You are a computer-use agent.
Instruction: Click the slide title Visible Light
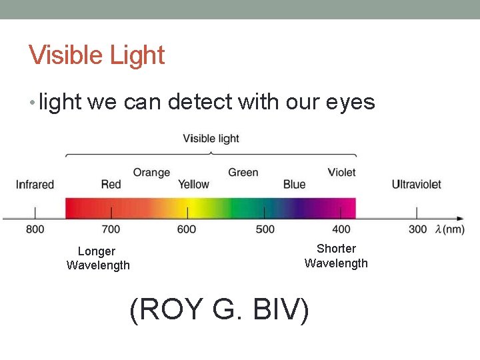tap(97, 55)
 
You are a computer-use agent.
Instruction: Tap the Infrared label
tap(35, 185)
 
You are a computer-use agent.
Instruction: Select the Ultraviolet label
tap(416, 185)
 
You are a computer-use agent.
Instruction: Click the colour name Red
tap(111, 185)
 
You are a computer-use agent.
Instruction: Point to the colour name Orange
tap(151, 173)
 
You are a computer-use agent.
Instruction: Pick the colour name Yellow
tap(193, 185)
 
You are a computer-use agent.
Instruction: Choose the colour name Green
tap(243, 173)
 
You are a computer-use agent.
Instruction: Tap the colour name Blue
tap(294, 185)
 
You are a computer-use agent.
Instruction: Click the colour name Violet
tap(341, 173)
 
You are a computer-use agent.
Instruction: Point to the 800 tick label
tap(35, 229)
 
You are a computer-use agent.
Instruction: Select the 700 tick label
tap(111, 229)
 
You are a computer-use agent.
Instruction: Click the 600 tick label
tap(187, 229)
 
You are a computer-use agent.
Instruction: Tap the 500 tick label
tap(265, 229)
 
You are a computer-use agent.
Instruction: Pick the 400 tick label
tap(341, 229)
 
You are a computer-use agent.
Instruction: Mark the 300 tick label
tap(417, 229)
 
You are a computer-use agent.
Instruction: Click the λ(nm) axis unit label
tap(449, 229)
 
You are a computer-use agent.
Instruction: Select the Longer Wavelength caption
tap(98, 259)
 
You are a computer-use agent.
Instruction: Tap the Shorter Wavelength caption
tap(336, 256)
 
